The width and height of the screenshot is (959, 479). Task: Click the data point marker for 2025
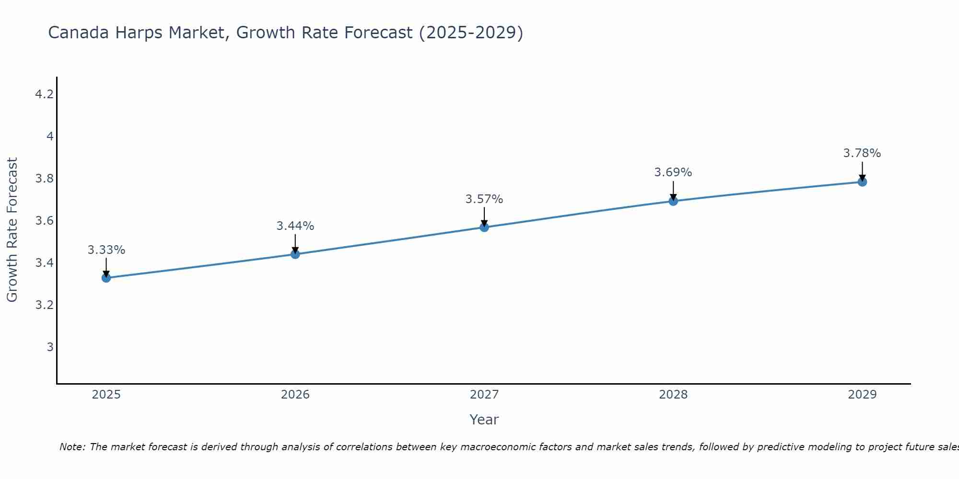point(106,278)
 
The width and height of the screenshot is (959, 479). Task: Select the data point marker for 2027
point(484,227)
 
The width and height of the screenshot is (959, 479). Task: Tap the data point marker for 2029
point(862,182)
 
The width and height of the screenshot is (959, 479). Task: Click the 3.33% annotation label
point(106,250)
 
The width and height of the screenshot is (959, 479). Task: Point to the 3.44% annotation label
point(295,226)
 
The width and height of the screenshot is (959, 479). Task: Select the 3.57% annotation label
point(484,199)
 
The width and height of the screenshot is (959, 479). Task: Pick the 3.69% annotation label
point(673,172)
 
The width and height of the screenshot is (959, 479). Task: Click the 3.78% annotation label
point(862,153)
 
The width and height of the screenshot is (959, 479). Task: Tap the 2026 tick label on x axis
point(295,395)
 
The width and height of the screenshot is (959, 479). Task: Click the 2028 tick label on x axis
point(673,395)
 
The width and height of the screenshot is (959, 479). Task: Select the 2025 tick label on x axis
point(106,395)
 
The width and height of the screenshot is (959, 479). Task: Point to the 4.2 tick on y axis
point(44,94)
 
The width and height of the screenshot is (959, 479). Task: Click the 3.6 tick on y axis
point(44,221)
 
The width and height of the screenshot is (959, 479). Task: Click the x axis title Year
point(484,420)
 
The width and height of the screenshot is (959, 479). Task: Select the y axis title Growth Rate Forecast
point(12,230)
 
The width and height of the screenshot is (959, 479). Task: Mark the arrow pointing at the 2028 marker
point(673,190)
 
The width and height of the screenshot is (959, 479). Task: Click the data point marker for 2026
point(295,254)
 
